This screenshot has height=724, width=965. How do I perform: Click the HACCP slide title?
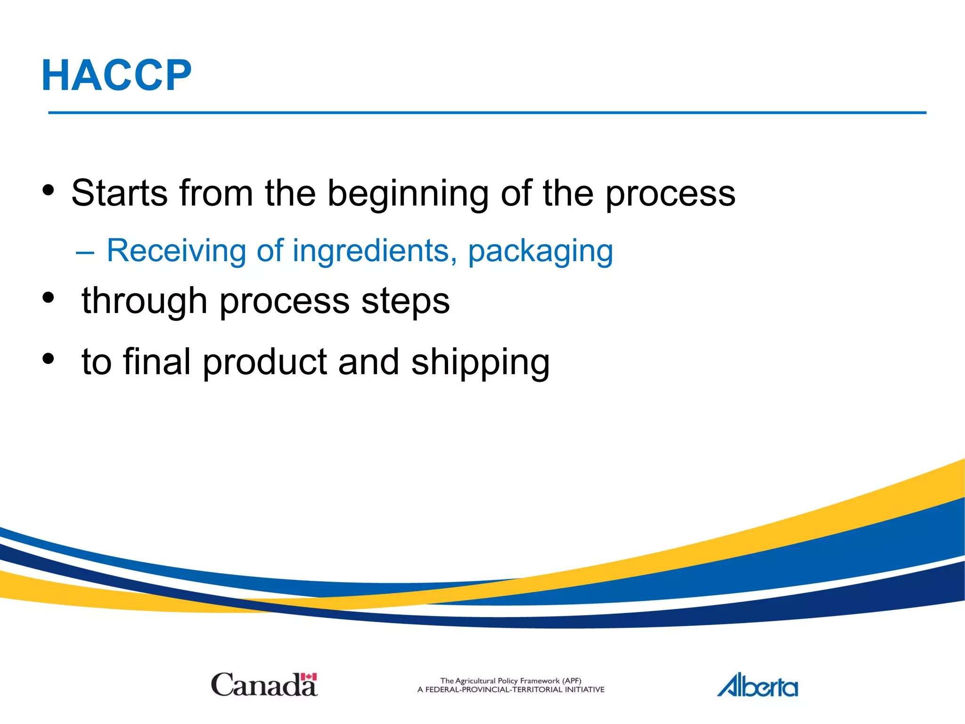pos(116,75)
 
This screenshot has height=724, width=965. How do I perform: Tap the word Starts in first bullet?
pos(119,193)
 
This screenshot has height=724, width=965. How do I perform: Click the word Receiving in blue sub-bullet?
pos(176,250)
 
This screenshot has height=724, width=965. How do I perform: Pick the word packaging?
pos(540,251)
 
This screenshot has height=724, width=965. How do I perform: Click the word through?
pos(144,301)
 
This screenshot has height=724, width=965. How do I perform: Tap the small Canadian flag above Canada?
pos(309,677)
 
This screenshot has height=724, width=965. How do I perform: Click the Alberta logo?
pos(757,686)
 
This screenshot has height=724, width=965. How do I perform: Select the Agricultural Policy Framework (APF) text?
pos(510,681)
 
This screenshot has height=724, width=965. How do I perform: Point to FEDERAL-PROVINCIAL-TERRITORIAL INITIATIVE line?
pos(510,690)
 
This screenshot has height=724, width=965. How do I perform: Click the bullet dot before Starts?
pos(48,190)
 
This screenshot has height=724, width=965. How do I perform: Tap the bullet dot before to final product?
pos(48,359)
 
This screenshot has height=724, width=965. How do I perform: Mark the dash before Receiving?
pos(85,253)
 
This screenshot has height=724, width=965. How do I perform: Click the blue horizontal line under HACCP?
pos(487,113)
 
